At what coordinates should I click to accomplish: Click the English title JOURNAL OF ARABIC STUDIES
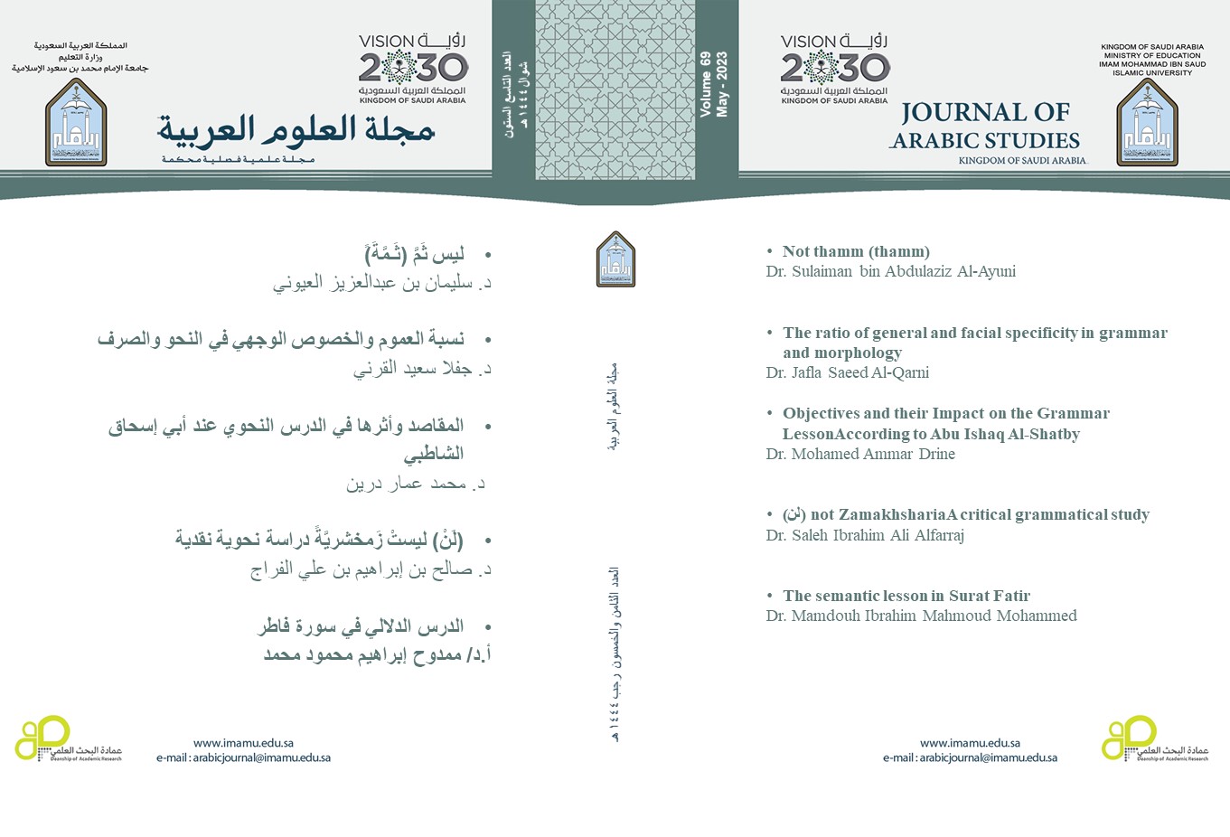click(985, 127)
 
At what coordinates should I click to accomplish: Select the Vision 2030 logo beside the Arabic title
click(413, 68)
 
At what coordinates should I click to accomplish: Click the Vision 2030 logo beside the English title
click(834, 68)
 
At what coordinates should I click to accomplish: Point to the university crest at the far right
click(1147, 122)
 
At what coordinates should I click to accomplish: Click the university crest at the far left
click(76, 122)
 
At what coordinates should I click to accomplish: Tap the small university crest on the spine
click(615, 259)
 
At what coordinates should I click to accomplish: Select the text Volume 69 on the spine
click(706, 84)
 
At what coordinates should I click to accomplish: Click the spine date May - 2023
click(722, 84)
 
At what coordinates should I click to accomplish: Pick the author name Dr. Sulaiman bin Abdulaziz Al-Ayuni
click(890, 271)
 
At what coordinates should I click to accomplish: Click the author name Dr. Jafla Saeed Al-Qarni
click(847, 372)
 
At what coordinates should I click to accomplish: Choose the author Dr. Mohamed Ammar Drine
click(860, 454)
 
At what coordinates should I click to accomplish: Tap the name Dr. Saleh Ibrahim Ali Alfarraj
click(865, 535)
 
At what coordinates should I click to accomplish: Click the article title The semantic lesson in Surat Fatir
click(906, 596)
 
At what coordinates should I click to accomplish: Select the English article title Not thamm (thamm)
click(856, 251)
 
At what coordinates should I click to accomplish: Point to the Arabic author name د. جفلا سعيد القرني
click(421, 369)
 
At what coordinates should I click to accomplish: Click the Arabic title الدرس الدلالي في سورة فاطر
click(361, 626)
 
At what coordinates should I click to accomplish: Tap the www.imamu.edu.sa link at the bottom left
click(243, 743)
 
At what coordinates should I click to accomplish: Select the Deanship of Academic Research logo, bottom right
click(1154, 739)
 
